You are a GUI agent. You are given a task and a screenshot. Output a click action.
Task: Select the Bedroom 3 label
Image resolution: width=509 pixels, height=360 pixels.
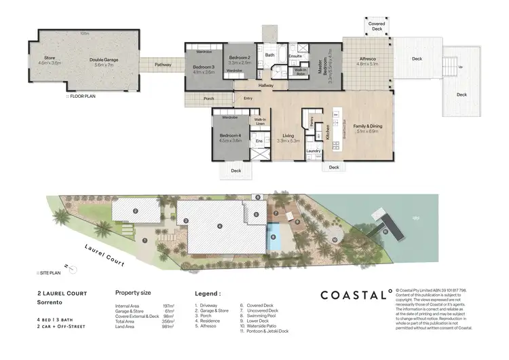click(x=204, y=67)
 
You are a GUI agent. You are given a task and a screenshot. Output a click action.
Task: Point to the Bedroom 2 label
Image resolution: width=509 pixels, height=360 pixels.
click(x=240, y=57)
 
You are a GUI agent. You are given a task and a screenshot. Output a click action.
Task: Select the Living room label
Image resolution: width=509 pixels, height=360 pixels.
click(x=288, y=136)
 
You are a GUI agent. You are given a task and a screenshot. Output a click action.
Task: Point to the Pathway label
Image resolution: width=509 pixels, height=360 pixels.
click(x=163, y=65)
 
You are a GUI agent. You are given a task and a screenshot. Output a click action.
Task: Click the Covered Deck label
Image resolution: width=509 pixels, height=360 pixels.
click(x=377, y=24)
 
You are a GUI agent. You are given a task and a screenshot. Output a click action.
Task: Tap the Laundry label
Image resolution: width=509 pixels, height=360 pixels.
click(x=313, y=150)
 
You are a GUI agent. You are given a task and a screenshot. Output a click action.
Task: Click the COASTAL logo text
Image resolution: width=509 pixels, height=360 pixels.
click(x=354, y=295)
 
